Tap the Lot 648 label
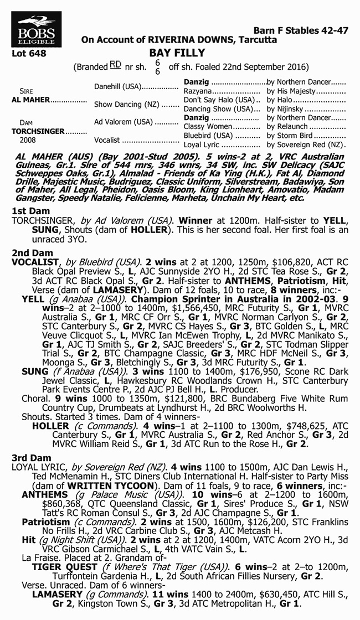[x=28, y=54]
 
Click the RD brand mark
[x=115, y=66]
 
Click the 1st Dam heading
[x=31, y=211]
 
